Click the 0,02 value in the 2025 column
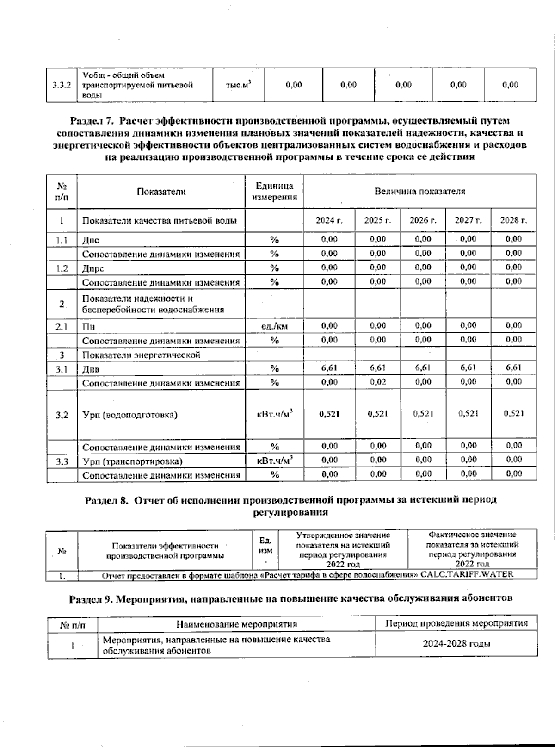378,382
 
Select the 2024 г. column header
329,220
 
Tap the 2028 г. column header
513,220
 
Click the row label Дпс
91,240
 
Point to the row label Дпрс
93,268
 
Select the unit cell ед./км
274,326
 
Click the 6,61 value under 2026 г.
423,368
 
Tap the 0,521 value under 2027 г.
468,414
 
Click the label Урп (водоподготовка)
129,415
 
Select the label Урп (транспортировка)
132,461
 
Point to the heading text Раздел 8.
106,501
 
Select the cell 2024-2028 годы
456,644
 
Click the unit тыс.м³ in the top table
238,85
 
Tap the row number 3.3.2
62,85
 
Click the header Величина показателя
419,191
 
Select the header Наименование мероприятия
236,624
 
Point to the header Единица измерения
274,192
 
